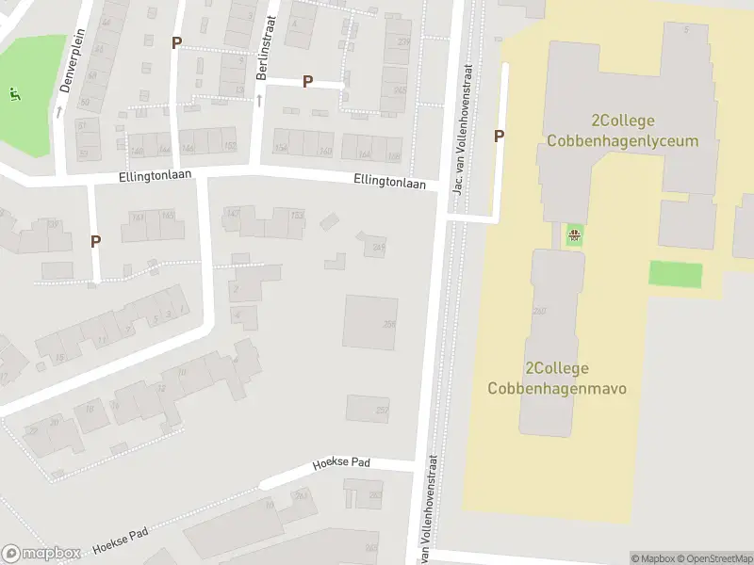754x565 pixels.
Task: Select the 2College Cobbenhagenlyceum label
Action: point(622,131)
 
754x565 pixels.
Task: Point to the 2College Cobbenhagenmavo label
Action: point(557,378)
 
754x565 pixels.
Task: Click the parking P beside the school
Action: point(500,136)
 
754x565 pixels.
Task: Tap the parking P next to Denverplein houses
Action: point(176,42)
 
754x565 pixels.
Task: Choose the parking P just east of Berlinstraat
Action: point(307,82)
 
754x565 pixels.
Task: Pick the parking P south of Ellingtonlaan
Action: point(95,241)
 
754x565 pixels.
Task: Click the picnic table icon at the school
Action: point(574,234)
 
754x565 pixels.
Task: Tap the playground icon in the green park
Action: point(14,93)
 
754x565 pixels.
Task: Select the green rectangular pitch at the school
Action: point(676,275)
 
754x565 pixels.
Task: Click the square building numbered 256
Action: point(369,322)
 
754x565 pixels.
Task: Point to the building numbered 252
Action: point(368,408)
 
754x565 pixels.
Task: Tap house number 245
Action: point(378,247)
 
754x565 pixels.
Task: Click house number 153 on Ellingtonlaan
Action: point(297,216)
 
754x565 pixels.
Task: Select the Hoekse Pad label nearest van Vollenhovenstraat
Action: point(341,464)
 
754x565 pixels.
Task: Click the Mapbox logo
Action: point(40,554)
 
